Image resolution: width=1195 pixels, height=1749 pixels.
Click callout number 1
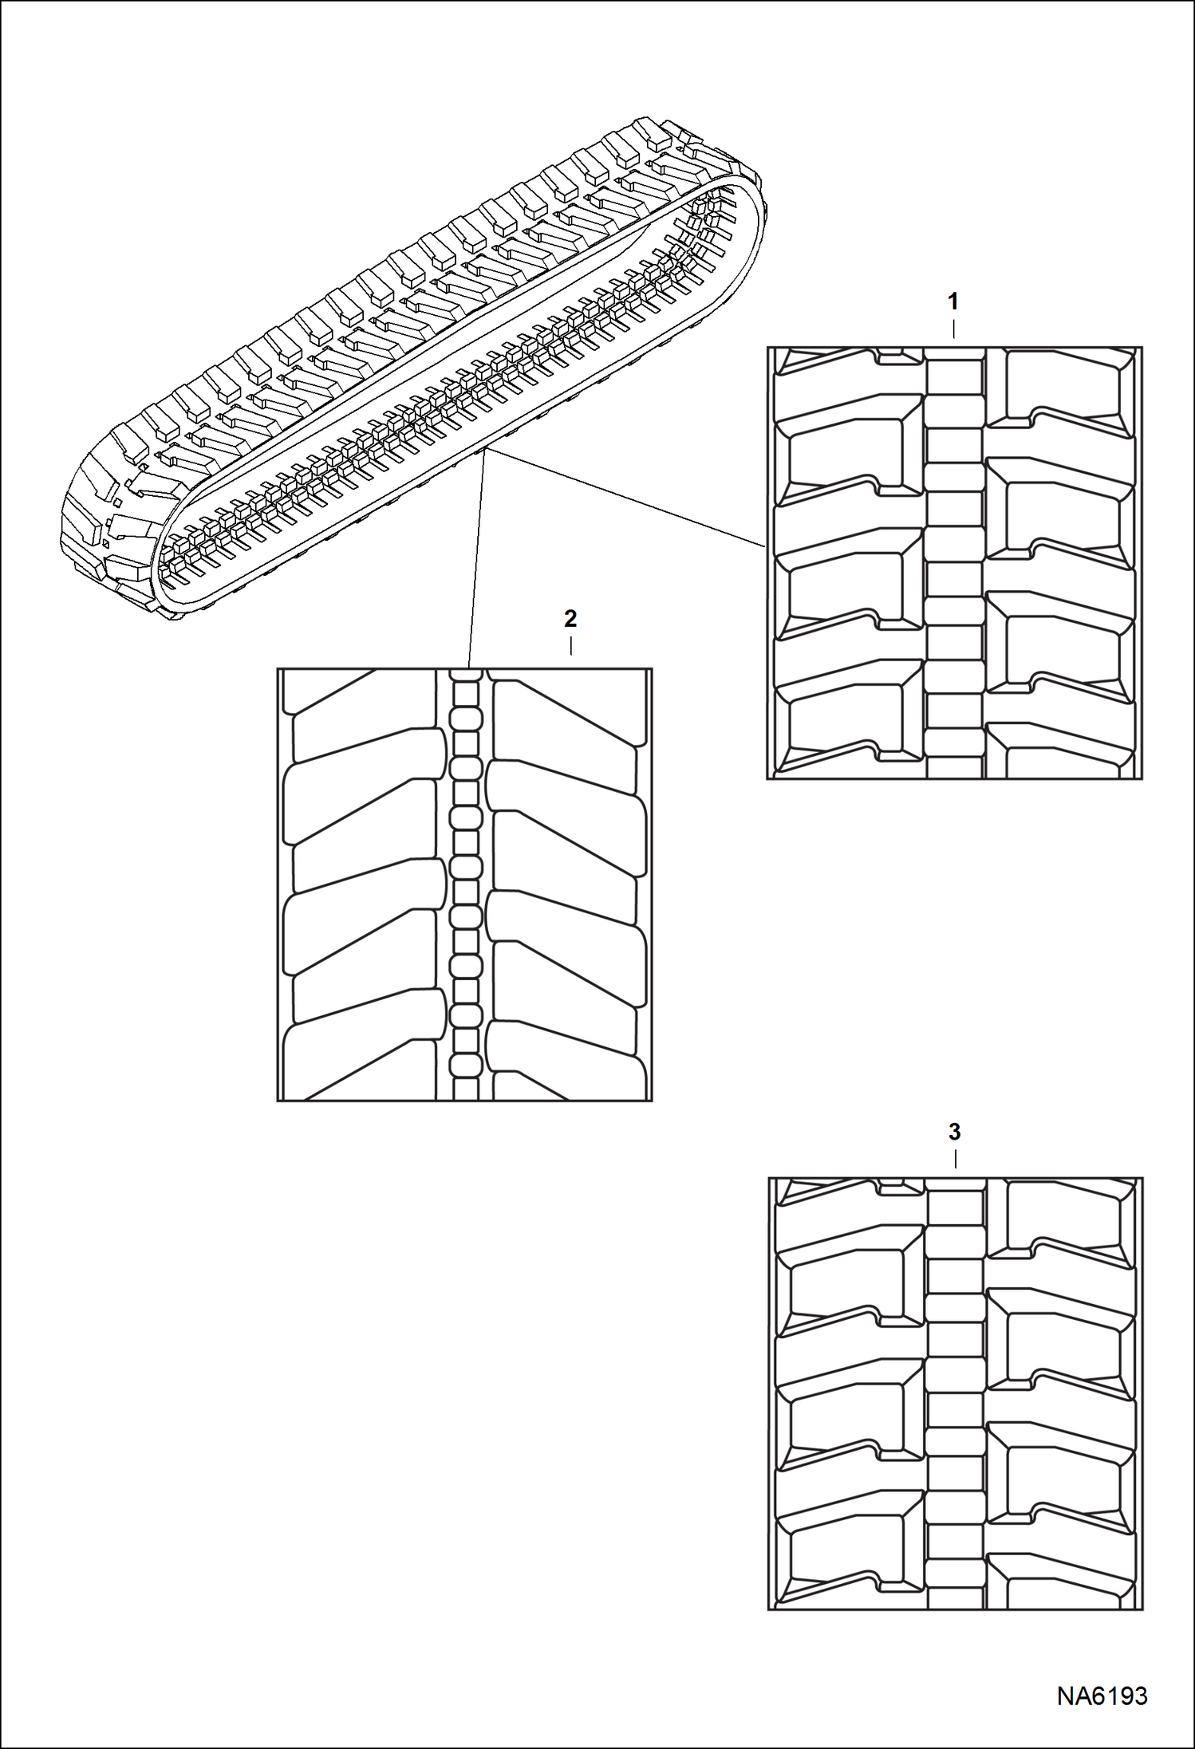[x=952, y=301]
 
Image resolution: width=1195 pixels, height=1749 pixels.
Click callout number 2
[x=570, y=619]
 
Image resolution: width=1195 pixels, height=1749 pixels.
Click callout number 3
[x=954, y=1132]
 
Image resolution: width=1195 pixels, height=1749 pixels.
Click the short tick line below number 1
[x=953, y=330]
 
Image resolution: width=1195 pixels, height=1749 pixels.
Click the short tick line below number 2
[x=570, y=646]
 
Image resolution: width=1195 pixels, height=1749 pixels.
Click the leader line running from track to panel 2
[x=475, y=558]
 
